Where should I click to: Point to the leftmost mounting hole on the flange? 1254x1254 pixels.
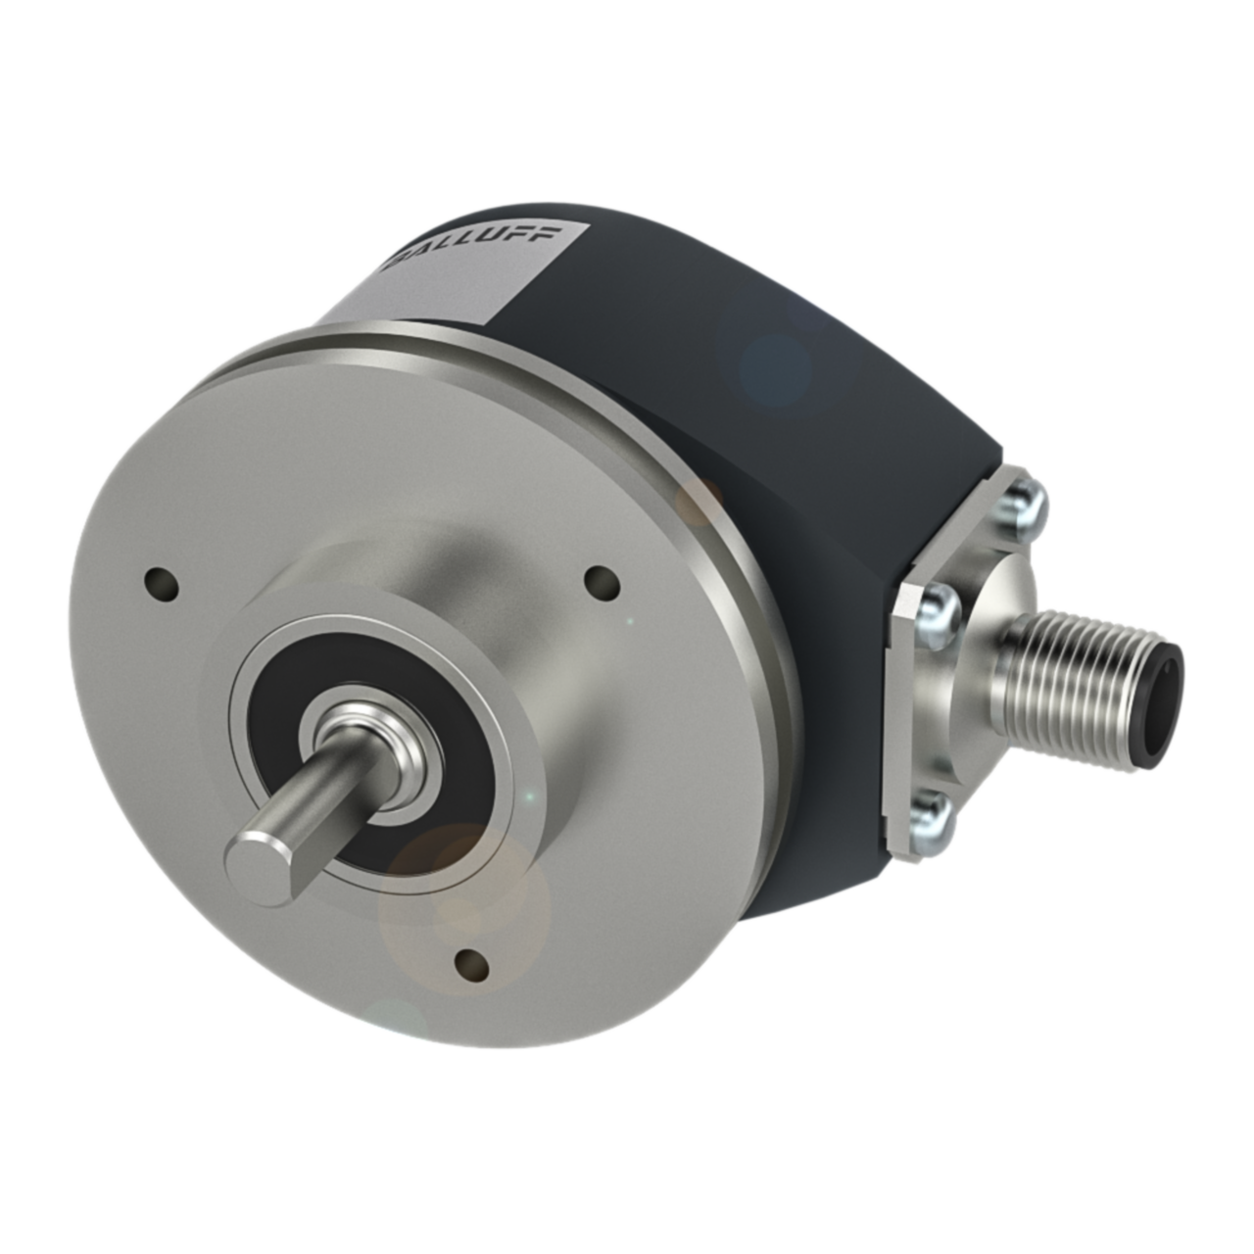point(162,585)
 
